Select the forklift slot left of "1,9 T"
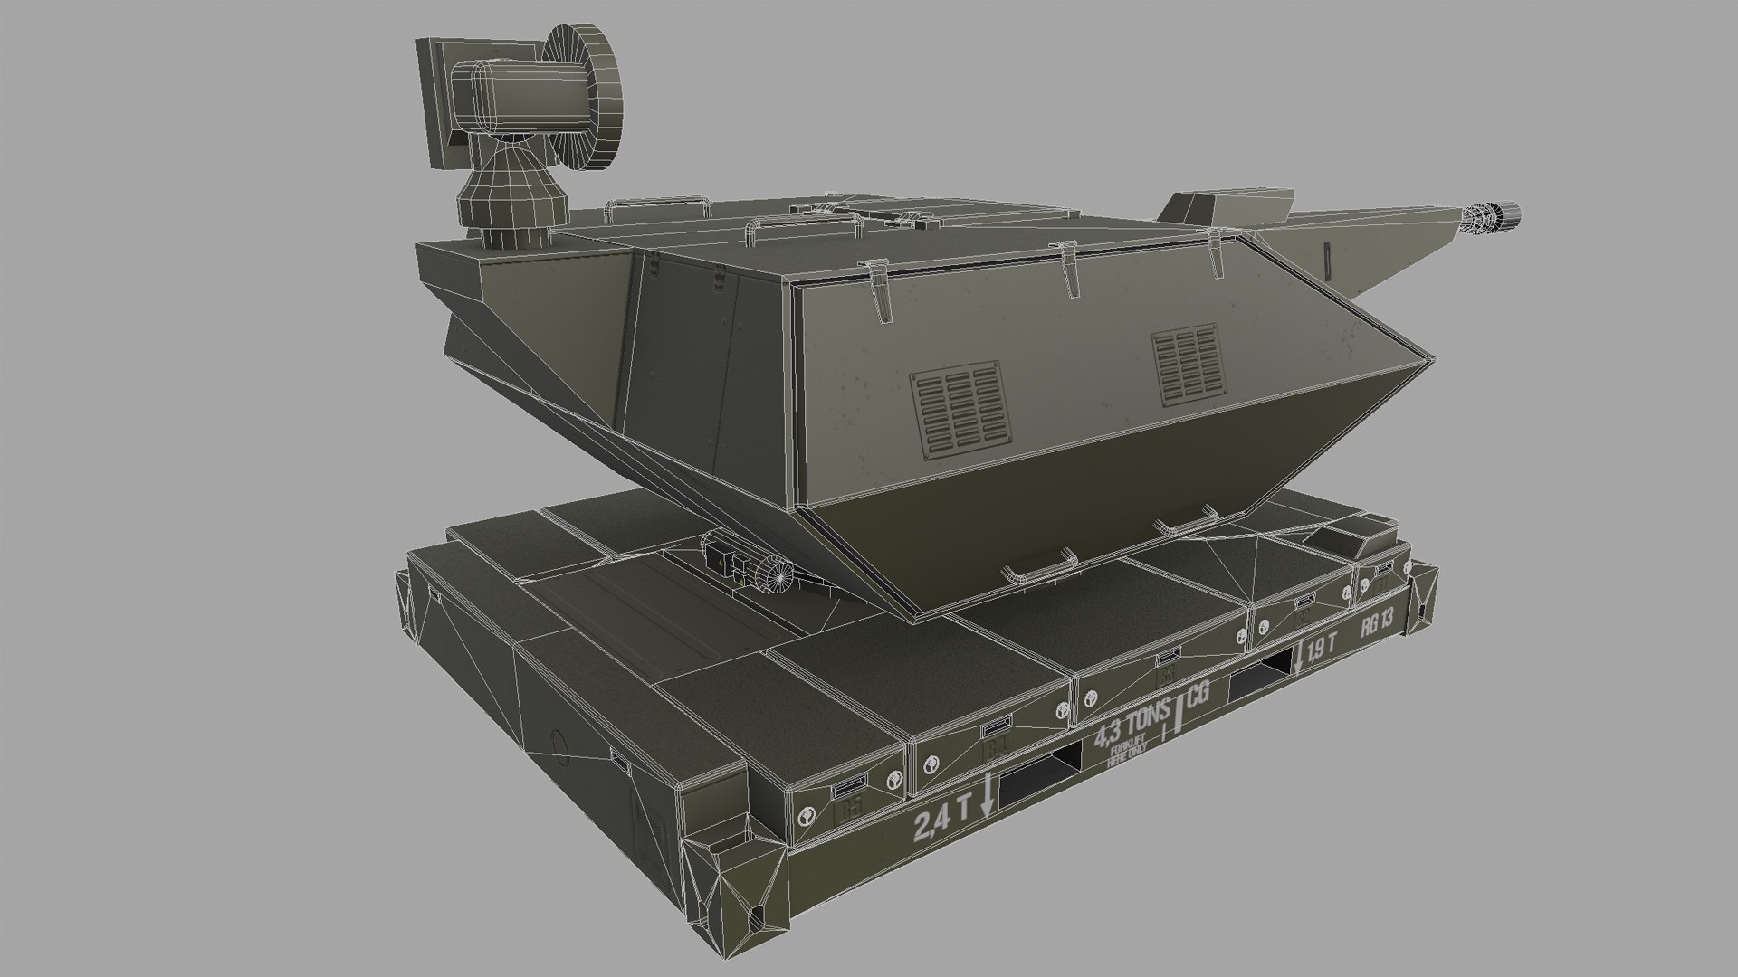click(x=1261, y=673)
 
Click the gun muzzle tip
click(x=1507, y=216)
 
